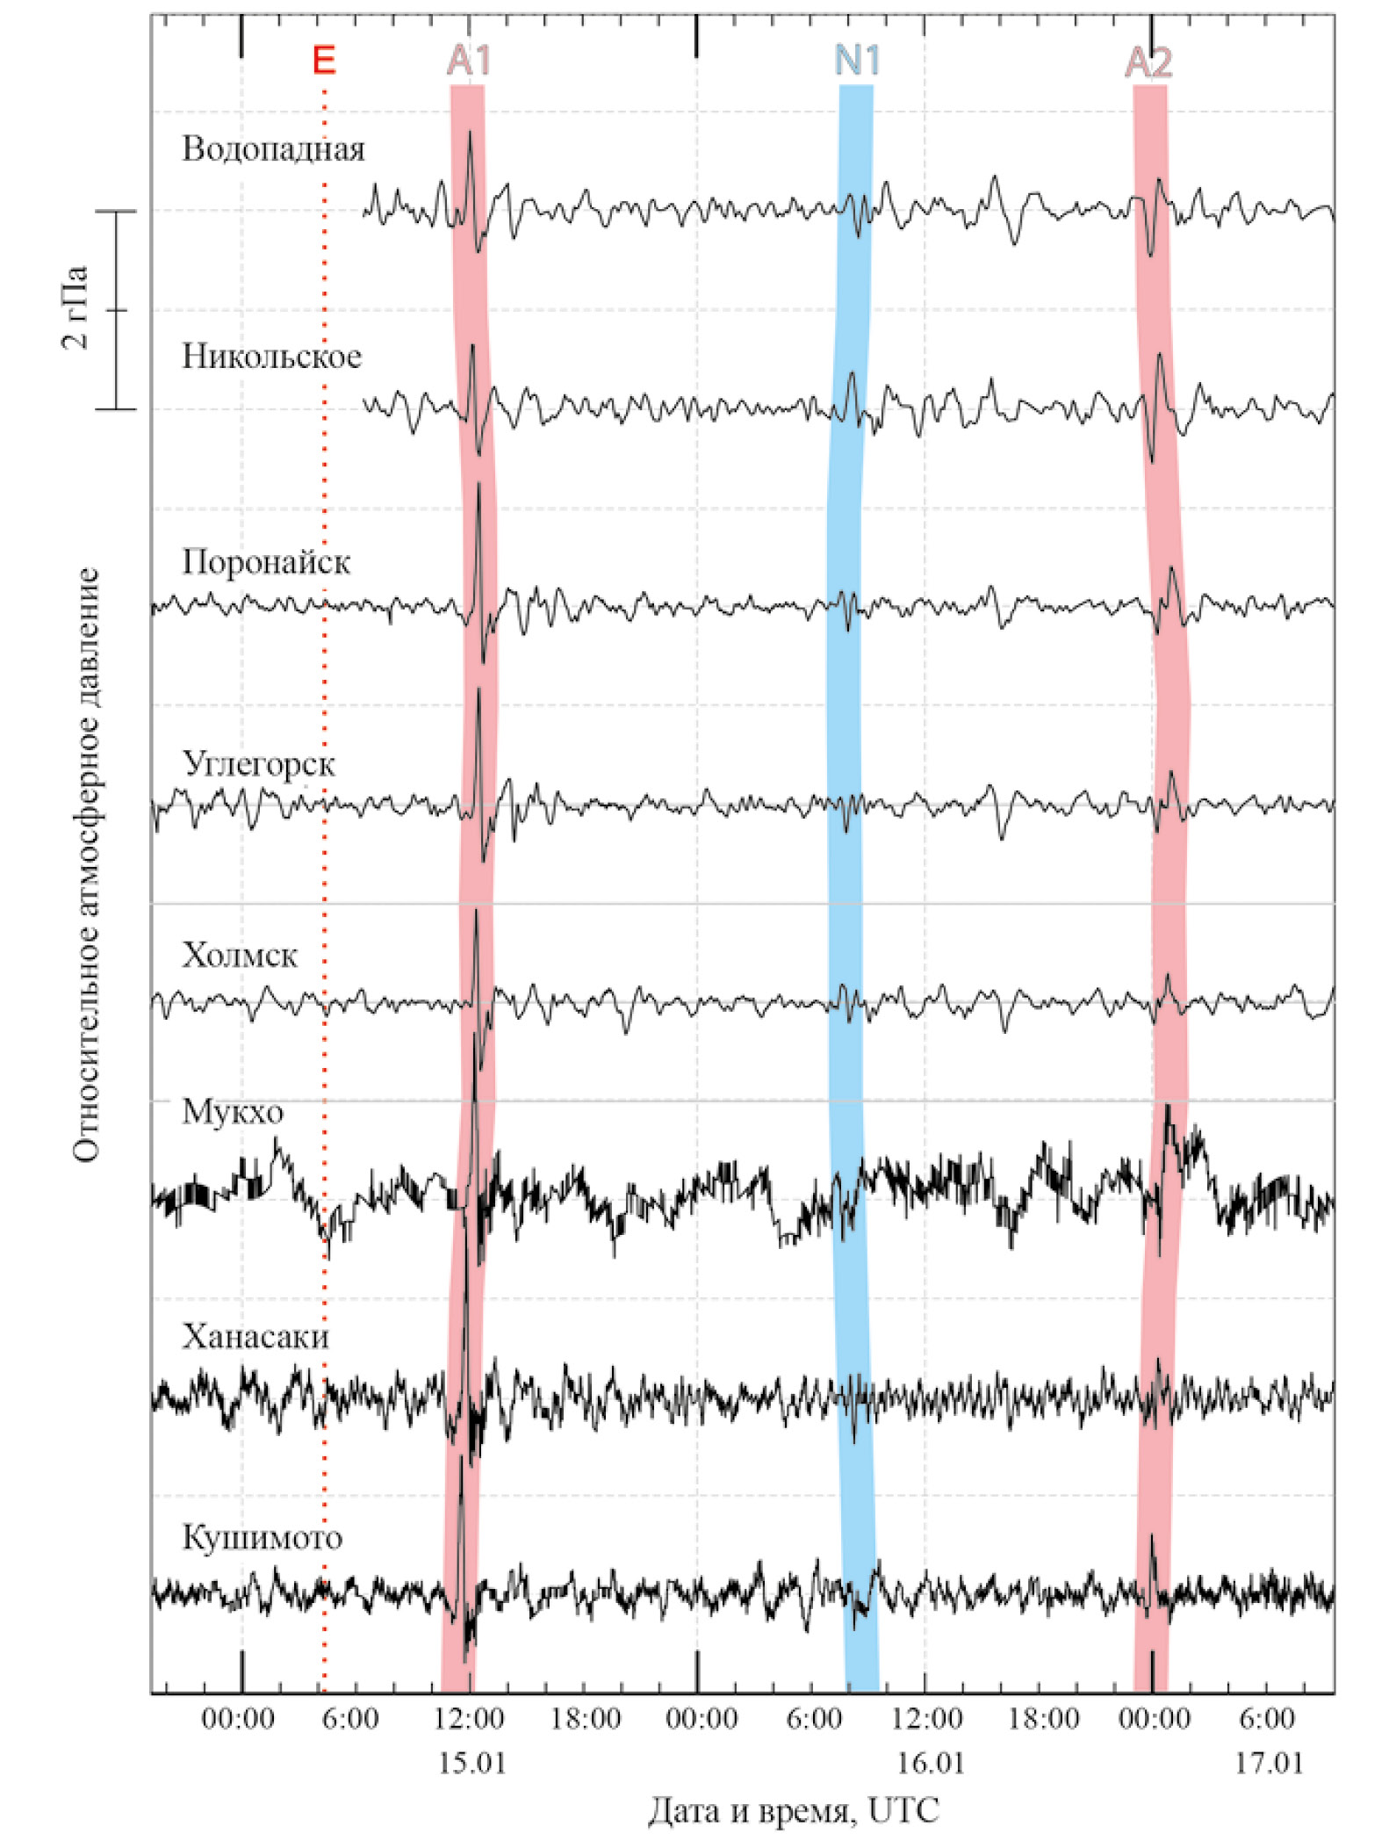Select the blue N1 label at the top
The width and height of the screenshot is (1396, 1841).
coord(856,61)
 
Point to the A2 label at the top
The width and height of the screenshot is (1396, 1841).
coord(1148,62)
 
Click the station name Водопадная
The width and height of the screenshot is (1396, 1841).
coord(273,149)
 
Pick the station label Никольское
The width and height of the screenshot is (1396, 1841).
coord(271,357)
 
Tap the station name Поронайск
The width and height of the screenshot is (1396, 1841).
coord(266,562)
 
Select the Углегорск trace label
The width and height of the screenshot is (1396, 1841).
coord(259,764)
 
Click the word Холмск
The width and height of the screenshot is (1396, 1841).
coord(240,955)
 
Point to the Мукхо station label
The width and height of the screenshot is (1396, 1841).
coord(233,1112)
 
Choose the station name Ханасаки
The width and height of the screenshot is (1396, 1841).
coord(255,1336)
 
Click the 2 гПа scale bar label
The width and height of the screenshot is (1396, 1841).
coord(76,307)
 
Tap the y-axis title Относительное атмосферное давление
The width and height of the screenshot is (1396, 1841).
coord(86,865)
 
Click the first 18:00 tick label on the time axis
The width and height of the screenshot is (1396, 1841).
coord(585,1718)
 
